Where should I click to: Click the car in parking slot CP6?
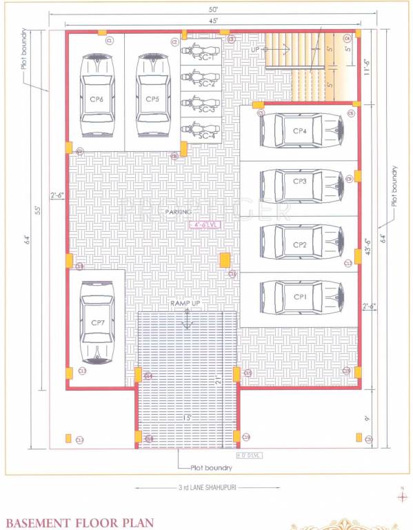pyautogui.click(x=96, y=97)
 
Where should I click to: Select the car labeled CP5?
pyautogui.click(x=152, y=97)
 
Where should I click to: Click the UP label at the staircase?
pyautogui.click(x=256, y=50)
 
